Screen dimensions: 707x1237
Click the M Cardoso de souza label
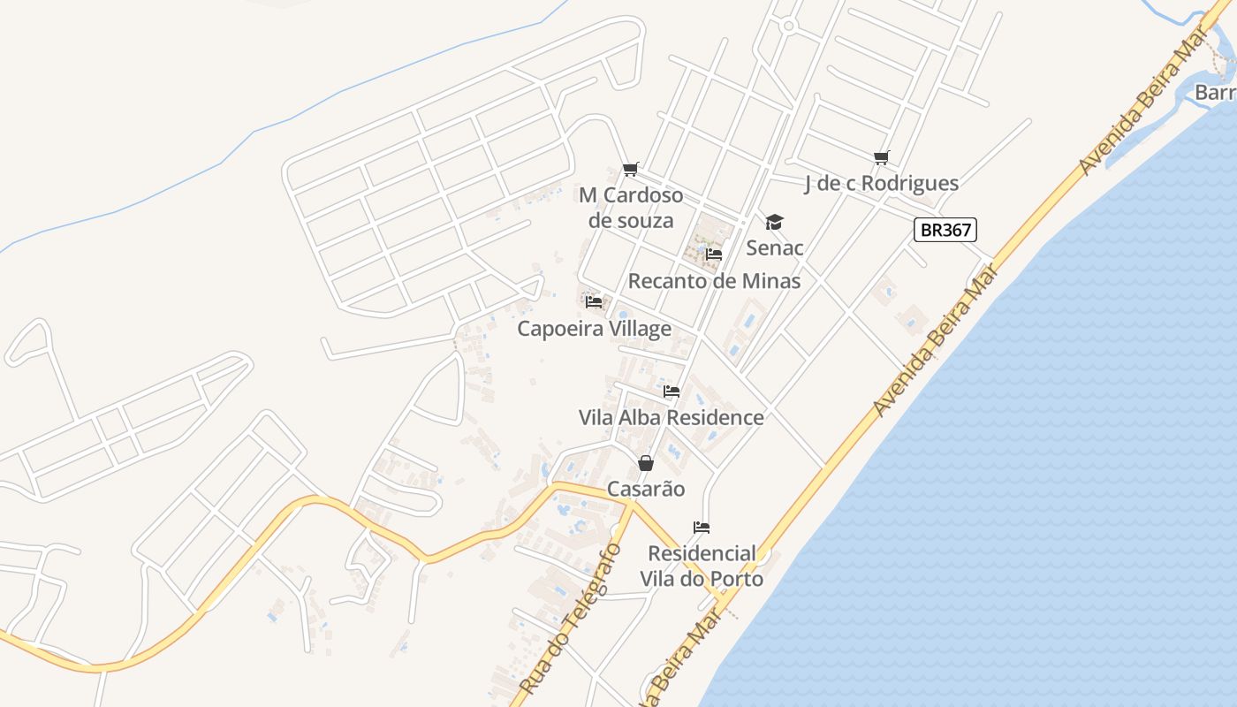(631, 207)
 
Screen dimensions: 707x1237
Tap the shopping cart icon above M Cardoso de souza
(630, 169)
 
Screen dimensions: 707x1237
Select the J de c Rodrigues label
(881, 183)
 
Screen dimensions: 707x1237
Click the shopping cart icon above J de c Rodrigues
(881, 157)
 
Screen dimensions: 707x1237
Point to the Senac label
(775, 247)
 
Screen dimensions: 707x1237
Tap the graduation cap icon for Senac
(774, 222)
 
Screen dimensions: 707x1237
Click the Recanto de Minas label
(714, 281)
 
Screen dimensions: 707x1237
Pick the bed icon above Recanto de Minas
(714, 255)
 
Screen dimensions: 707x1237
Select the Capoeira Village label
(594, 329)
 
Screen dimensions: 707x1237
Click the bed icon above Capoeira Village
(594, 302)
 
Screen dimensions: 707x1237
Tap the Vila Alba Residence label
(671, 417)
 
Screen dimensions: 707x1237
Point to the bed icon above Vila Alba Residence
(672, 391)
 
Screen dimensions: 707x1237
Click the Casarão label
(646, 489)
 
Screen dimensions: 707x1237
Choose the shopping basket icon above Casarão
(646, 463)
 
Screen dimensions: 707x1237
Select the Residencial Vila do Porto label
(702, 566)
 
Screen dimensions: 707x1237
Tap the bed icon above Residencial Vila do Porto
(702, 528)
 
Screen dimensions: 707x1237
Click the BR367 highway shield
(945, 231)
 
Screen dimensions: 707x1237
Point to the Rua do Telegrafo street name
(570, 619)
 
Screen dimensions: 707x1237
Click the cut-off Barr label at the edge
(1215, 92)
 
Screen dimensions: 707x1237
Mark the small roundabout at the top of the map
(788, 27)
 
